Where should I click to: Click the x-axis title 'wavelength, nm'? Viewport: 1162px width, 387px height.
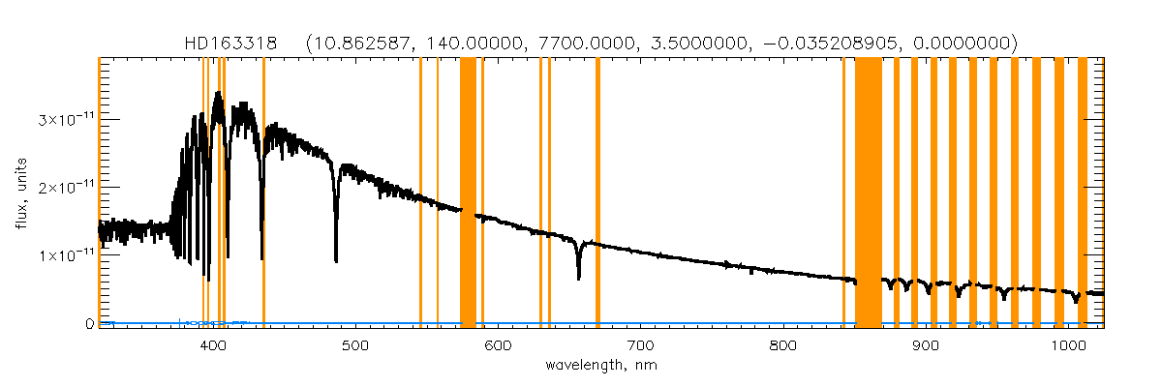click(601, 366)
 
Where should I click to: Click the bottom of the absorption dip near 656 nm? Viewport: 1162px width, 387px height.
click(578, 279)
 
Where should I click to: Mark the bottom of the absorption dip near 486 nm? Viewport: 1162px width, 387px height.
click(336, 261)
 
